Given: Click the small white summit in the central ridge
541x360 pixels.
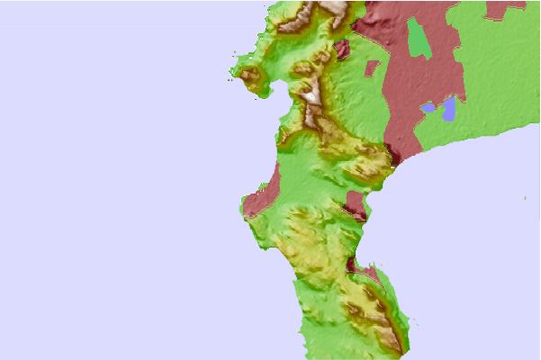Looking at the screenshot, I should pos(311,93).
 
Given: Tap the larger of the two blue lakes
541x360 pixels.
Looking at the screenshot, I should pos(448,109).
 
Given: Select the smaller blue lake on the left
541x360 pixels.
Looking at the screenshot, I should pos(429,108).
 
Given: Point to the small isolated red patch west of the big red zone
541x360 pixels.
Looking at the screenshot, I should pos(372,67).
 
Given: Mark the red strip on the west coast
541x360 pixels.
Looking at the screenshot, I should pos(262,193).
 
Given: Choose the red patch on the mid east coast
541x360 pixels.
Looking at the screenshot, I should pos(355,202).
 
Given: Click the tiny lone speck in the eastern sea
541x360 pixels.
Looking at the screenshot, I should pos(526,197).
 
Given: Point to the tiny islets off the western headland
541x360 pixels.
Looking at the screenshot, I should pos(233,83).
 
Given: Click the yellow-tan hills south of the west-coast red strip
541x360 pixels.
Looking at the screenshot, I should pos(297,234).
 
